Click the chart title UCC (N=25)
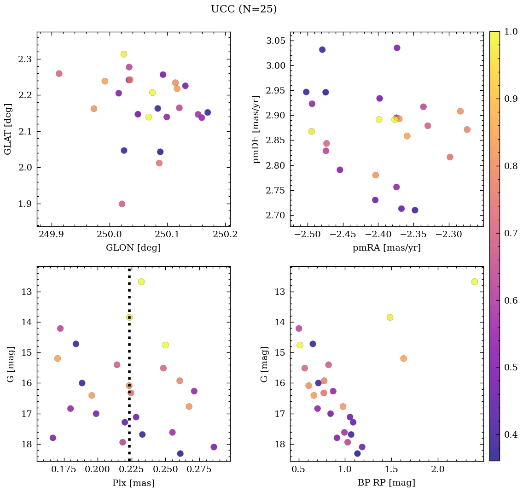click(x=244, y=9)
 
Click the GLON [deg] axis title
click(x=134, y=248)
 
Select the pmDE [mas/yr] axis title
click(x=256, y=129)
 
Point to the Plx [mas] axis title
click(x=134, y=483)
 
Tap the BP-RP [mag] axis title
click(x=386, y=483)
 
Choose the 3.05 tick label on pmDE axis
click(x=275, y=41)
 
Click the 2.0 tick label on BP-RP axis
click(x=438, y=470)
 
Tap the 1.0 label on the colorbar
click(x=511, y=32)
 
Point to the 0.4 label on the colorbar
click(x=511, y=434)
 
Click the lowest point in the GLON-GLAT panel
click(x=122, y=204)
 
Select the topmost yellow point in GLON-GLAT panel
click(x=124, y=54)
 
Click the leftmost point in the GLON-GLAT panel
click(x=59, y=74)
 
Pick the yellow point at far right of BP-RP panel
click(x=474, y=281)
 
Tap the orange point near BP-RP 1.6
click(x=403, y=358)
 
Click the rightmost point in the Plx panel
click(x=214, y=447)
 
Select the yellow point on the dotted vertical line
click(x=129, y=317)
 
